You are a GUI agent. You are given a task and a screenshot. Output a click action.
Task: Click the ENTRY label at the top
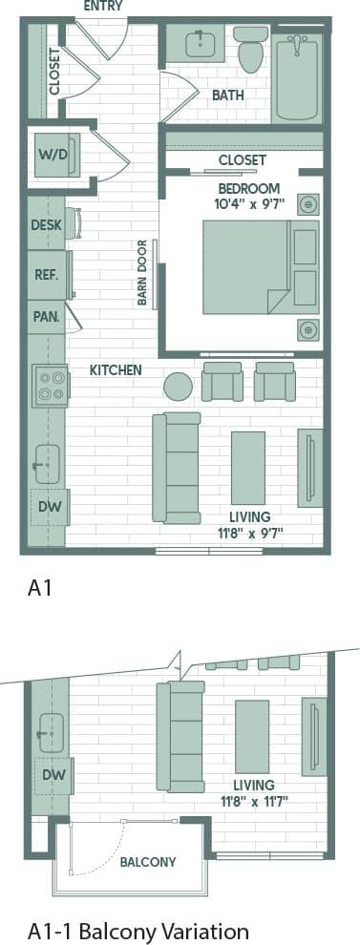[103, 7]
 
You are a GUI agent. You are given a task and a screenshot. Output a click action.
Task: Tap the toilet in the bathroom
[252, 50]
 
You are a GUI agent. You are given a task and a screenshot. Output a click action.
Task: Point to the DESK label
[46, 225]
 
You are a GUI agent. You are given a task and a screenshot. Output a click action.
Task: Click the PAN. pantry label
[46, 317]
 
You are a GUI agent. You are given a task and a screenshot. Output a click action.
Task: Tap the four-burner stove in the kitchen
[50, 385]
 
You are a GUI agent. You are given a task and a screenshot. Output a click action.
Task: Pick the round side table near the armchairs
[178, 385]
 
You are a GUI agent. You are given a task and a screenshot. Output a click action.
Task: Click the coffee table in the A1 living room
[248, 467]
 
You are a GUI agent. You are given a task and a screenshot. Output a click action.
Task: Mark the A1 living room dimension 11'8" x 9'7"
[249, 532]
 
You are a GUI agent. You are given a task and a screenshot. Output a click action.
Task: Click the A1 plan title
[38, 589]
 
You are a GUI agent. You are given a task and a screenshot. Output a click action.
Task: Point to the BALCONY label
[147, 861]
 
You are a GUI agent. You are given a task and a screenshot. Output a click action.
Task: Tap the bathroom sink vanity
[200, 43]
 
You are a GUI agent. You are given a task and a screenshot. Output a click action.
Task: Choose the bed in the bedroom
[244, 268]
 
